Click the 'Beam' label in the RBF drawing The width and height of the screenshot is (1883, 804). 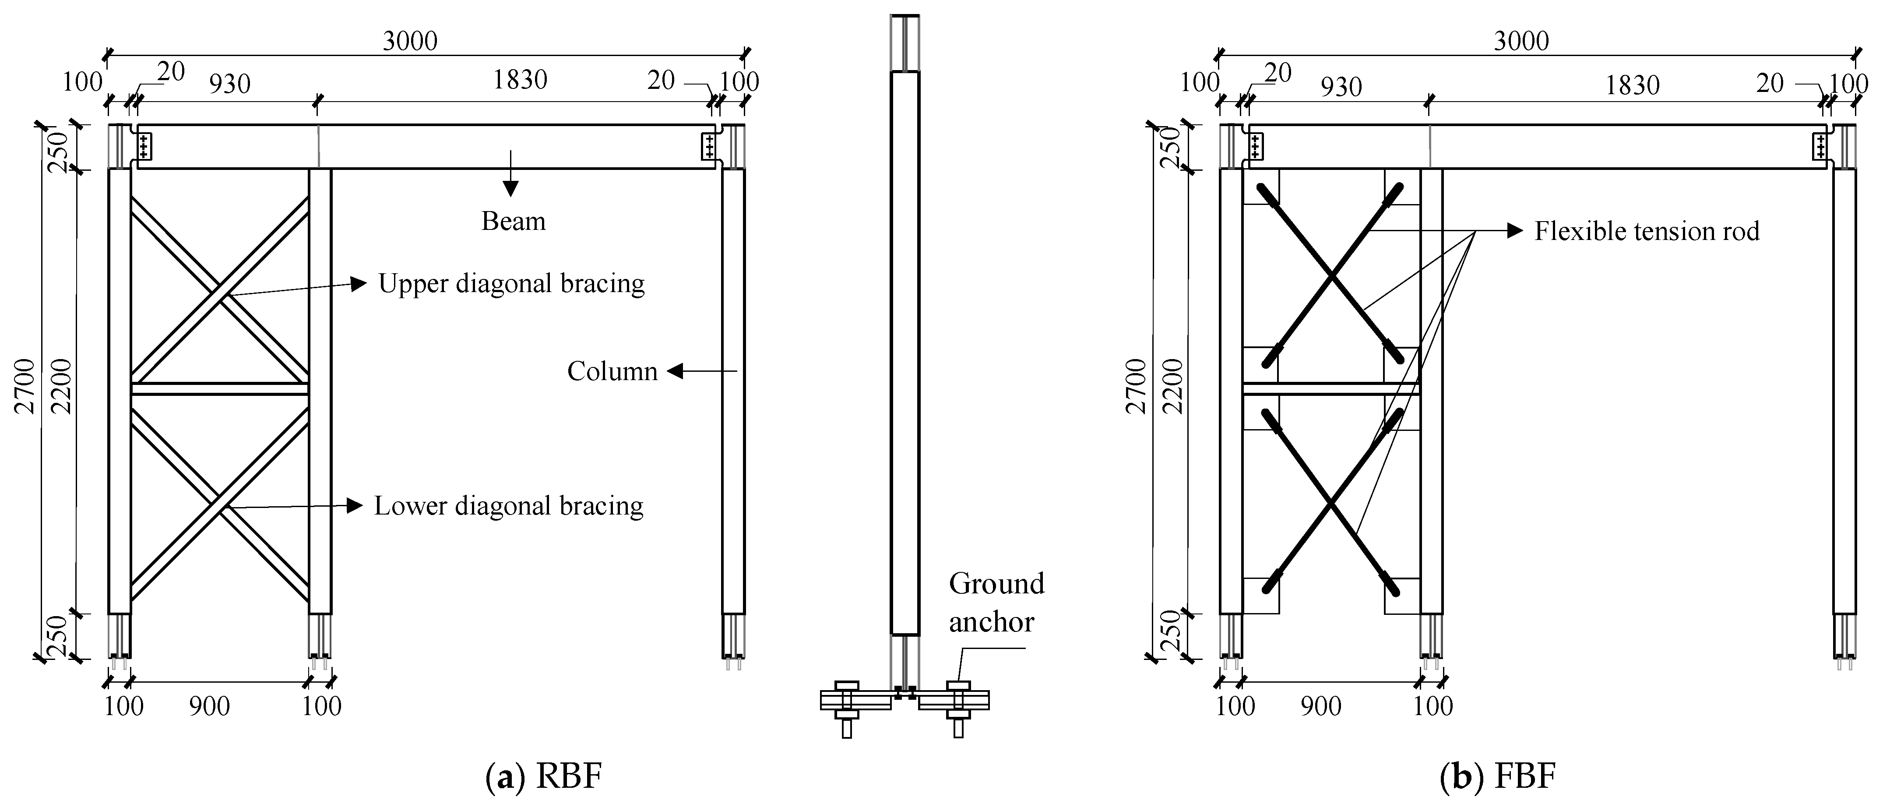click(x=513, y=221)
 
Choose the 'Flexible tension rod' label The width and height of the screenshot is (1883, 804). click(x=1646, y=232)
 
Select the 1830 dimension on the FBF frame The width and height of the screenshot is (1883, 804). click(x=1632, y=85)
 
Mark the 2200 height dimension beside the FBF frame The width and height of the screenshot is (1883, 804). click(x=1172, y=386)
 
